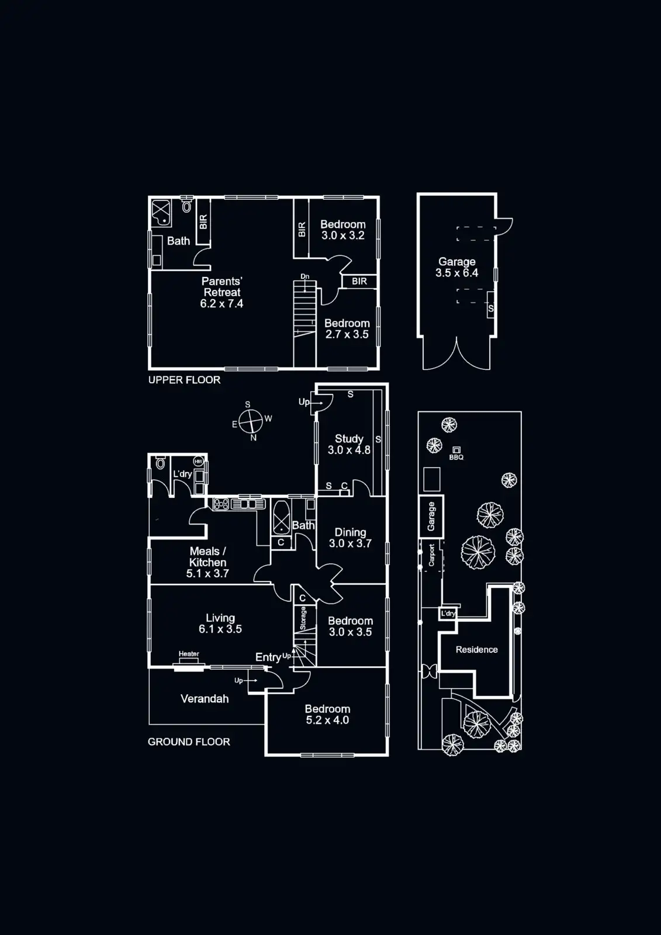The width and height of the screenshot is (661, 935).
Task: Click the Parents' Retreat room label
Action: tap(222, 292)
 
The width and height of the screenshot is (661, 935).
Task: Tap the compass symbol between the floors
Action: tap(251, 420)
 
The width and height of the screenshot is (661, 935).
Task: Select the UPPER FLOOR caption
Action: tap(184, 380)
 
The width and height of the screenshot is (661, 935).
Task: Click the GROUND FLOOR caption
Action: tap(189, 742)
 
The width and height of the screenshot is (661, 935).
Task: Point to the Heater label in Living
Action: tap(189, 654)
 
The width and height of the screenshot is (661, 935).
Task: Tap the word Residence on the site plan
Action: tap(476, 649)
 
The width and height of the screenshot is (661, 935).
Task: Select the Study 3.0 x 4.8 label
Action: tap(349, 444)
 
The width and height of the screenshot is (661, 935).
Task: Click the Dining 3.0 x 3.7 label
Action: tap(350, 538)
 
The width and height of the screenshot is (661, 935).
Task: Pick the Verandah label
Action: tap(205, 698)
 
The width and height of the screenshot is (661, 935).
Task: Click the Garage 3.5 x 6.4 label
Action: tap(457, 267)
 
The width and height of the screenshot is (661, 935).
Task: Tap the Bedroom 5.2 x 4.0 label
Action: tap(327, 714)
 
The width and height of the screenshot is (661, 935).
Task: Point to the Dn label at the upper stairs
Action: tap(304, 276)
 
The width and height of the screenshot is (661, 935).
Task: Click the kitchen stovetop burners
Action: tap(221, 503)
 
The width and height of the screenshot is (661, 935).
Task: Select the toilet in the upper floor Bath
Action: tap(186, 206)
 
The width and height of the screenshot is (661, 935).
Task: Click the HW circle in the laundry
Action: tap(198, 461)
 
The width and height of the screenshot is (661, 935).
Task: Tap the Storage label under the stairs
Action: tap(303, 618)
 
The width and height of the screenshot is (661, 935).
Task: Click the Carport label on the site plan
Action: tap(431, 555)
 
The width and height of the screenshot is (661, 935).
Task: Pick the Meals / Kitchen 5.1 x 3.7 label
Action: tap(207, 562)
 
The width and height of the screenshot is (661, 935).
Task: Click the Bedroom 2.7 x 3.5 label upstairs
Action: tap(347, 328)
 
